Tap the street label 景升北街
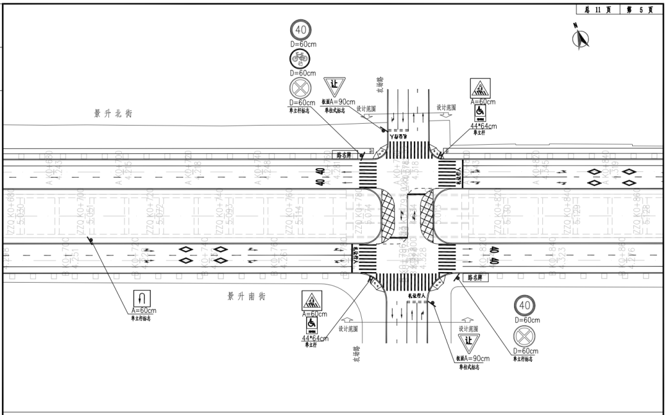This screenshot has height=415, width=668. (x=113, y=114)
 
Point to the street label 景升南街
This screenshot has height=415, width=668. (x=246, y=297)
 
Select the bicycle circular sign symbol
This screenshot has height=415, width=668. (x=301, y=59)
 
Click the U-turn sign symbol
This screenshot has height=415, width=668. (x=143, y=297)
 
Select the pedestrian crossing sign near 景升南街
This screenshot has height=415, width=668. (x=312, y=301)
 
